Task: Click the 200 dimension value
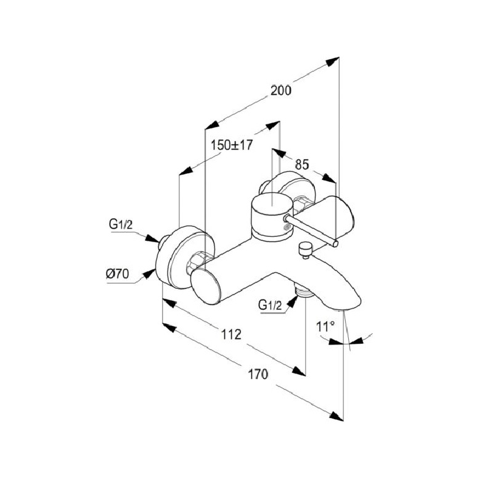280,90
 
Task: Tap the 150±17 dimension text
232,145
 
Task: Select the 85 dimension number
301,165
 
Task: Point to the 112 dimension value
229,334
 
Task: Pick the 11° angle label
325,327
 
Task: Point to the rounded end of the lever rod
335,244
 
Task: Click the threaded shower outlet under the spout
301,290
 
